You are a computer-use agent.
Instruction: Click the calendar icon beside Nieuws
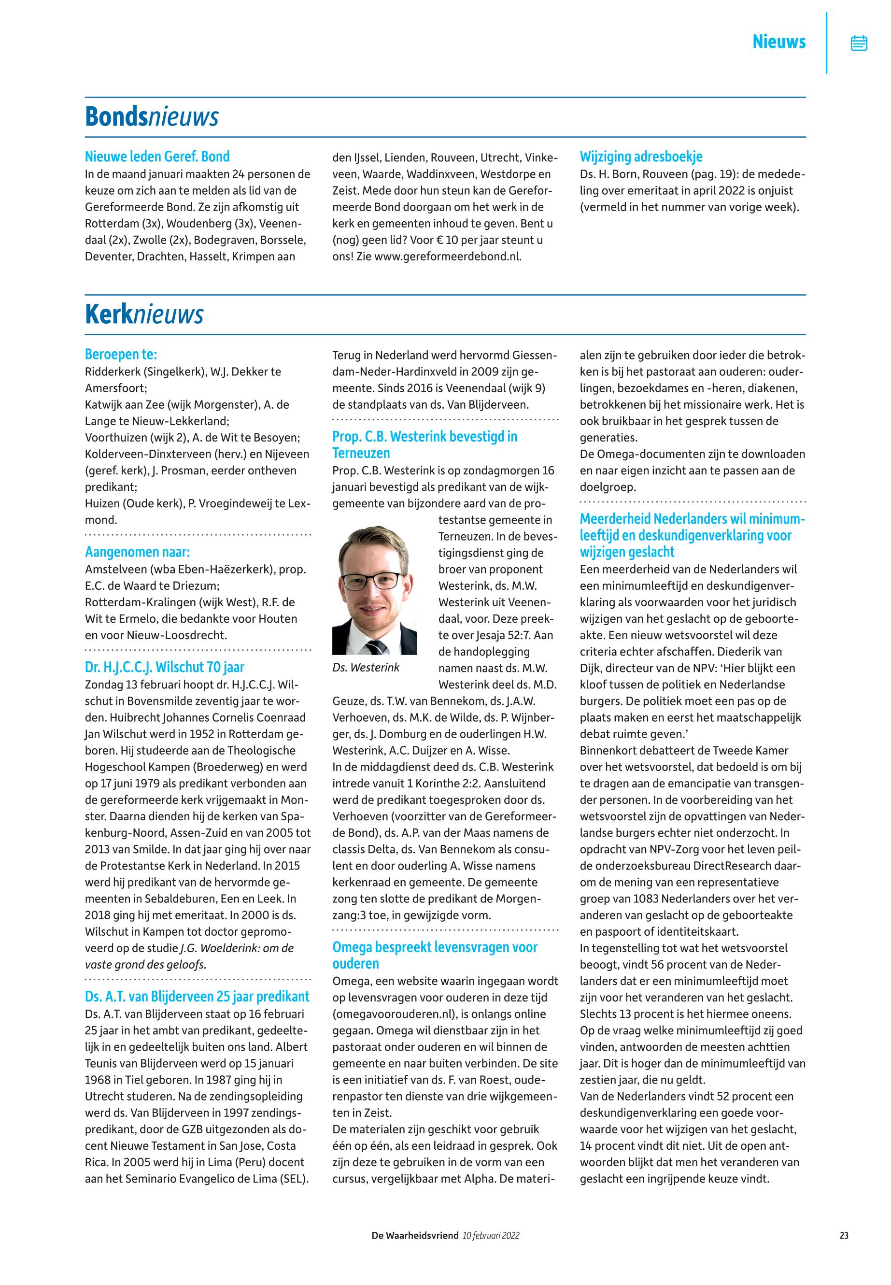(859, 43)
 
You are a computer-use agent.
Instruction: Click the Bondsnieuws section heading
(151, 117)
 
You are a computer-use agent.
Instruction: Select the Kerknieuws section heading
(144, 315)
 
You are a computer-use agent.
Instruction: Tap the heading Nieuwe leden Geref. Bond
(157, 157)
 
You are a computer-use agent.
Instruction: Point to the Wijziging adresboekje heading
(641, 157)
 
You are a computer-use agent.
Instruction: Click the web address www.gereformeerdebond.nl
(447, 257)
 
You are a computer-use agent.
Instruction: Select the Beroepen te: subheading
(121, 354)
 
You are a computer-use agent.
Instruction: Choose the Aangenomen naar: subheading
(137, 552)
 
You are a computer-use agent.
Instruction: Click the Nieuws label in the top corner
(779, 42)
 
